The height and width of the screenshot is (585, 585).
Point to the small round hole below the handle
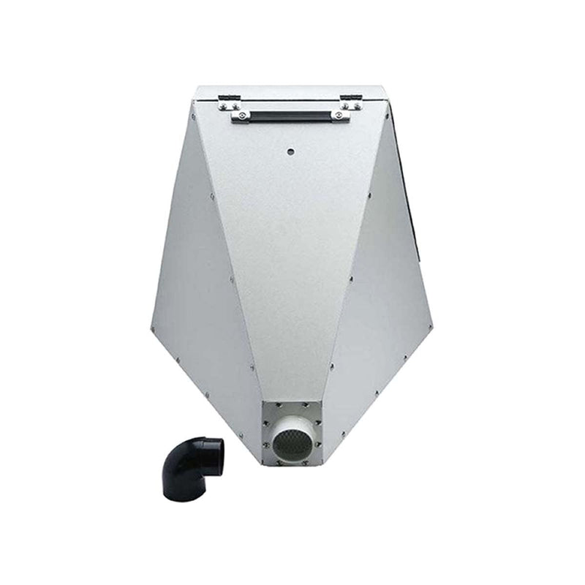290,151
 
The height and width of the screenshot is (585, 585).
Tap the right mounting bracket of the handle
339,115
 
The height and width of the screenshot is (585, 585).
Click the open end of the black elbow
212,451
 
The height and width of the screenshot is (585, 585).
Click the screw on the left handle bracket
235,116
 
